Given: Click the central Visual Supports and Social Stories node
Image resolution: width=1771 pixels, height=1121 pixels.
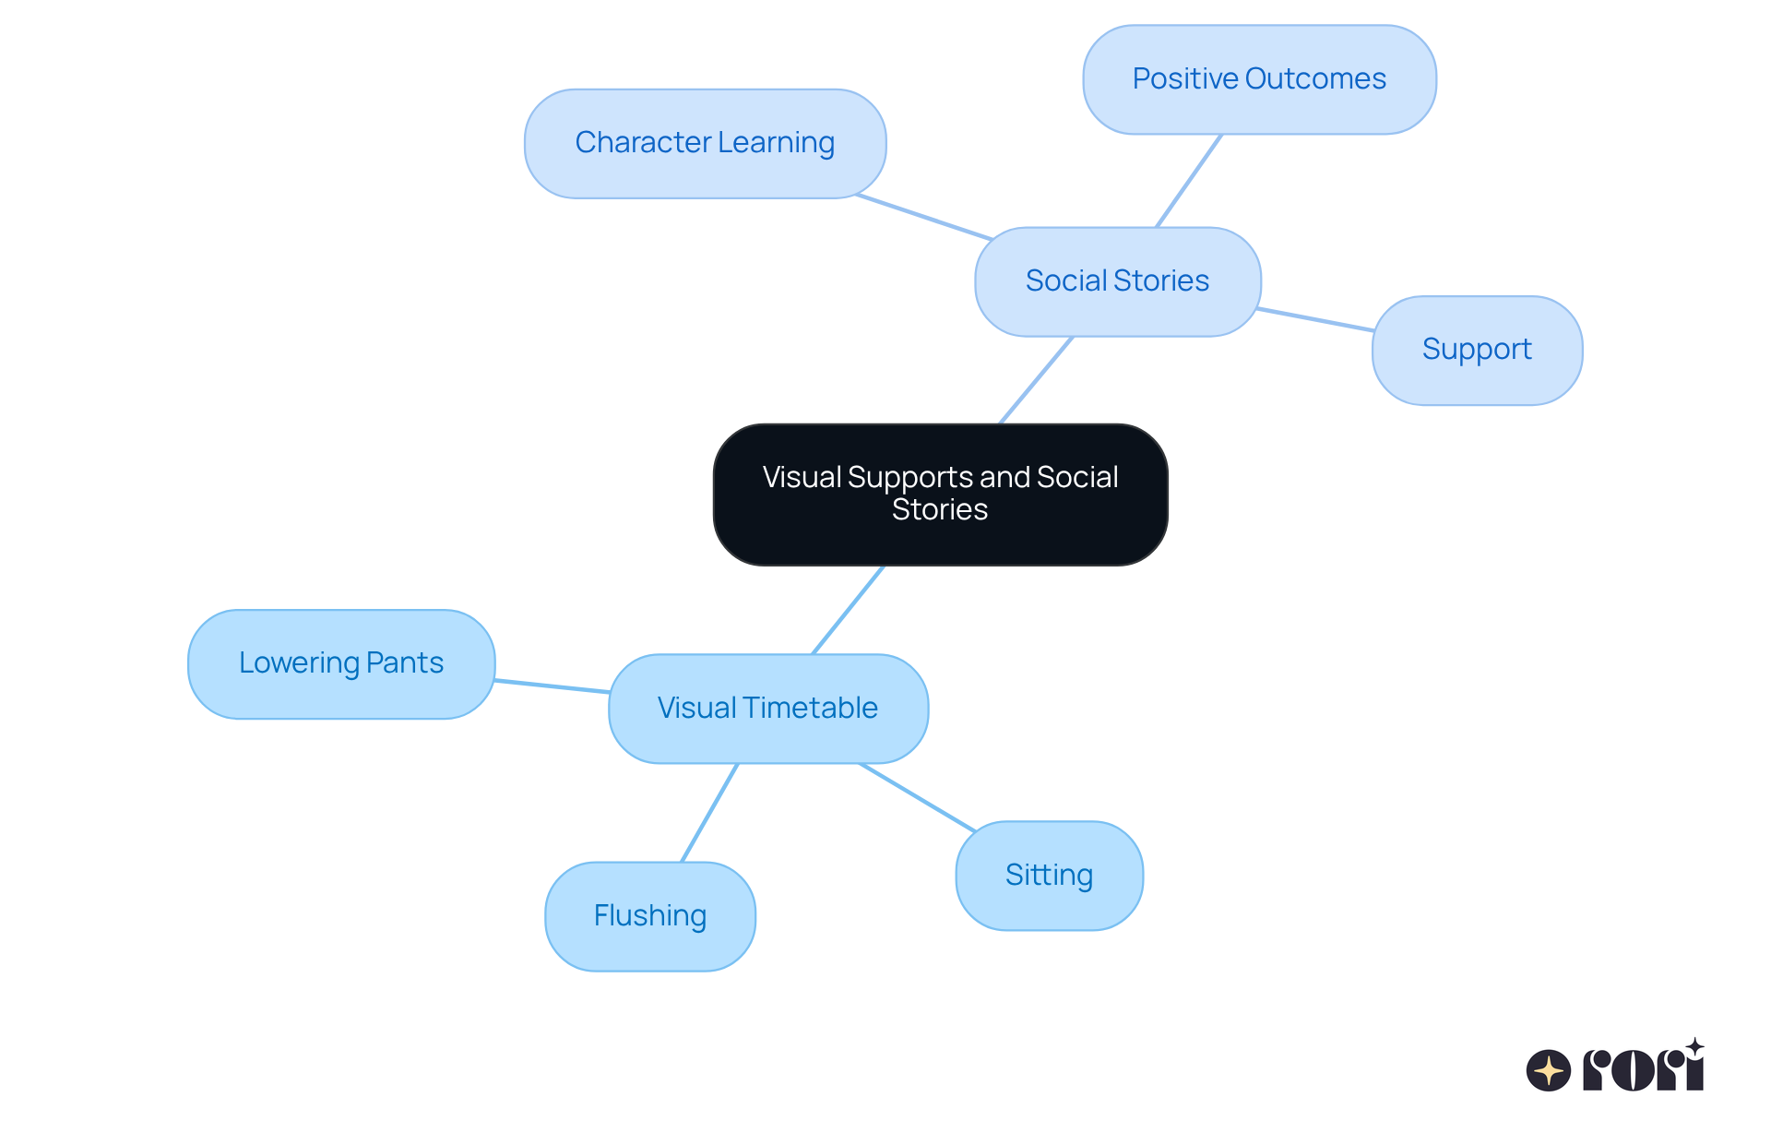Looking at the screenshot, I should click(x=940, y=494).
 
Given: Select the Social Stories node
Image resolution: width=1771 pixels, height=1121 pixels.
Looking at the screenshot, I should click(x=1117, y=281).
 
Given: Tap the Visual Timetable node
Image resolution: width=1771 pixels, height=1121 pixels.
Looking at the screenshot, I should click(x=767, y=709).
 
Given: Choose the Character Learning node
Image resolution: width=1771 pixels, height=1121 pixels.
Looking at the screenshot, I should click(x=705, y=143).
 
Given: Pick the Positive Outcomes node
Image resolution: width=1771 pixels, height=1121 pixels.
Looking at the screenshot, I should click(x=1259, y=79).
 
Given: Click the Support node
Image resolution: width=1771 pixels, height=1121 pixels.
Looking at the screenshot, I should click(x=1477, y=350).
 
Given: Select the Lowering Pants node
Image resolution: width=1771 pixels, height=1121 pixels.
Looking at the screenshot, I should click(x=341, y=663).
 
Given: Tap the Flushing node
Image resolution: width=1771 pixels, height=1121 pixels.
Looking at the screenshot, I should click(x=650, y=916).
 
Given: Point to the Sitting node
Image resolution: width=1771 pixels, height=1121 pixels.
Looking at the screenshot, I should click(x=1049, y=876).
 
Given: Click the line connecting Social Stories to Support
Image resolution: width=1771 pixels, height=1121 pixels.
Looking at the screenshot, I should click(x=1315, y=319).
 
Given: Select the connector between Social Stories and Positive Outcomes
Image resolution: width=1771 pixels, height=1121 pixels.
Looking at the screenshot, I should click(x=1189, y=181).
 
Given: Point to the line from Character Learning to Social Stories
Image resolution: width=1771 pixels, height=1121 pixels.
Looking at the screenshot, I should click(x=923, y=217).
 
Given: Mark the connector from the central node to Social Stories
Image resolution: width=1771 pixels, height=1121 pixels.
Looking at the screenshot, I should click(x=1037, y=380).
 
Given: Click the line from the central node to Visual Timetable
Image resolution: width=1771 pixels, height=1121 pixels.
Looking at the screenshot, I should click(x=848, y=610).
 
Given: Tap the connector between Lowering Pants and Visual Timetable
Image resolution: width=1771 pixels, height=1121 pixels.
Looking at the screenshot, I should click(x=552, y=686).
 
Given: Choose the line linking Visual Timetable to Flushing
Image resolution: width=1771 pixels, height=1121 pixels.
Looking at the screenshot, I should click(x=709, y=813).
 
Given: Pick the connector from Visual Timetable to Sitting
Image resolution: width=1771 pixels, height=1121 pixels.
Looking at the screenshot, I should click(x=917, y=797).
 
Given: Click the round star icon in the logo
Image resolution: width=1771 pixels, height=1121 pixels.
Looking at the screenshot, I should click(x=1548, y=1070).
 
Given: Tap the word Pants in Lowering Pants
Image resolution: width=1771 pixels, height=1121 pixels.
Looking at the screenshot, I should click(x=405, y=663).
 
